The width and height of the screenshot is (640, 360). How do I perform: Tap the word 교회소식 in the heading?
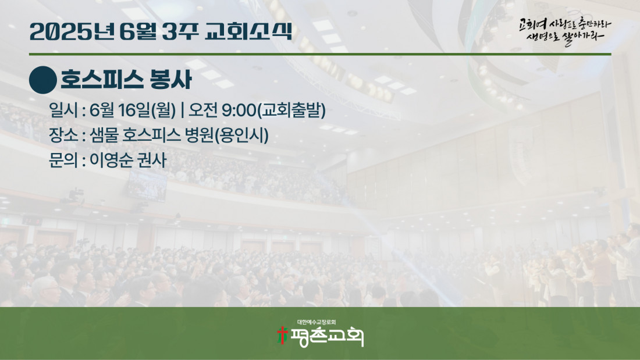[x=248, y=31]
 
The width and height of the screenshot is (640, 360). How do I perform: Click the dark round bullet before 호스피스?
[x=43, y=80]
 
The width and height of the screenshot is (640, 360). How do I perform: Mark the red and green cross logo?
[x=282, y=335]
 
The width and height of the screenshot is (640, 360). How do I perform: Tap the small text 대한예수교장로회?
[x=317, y=322]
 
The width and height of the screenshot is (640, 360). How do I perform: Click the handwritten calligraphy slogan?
[x=565, y=31]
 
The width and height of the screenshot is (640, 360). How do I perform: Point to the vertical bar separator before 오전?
[x=182, y=110]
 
